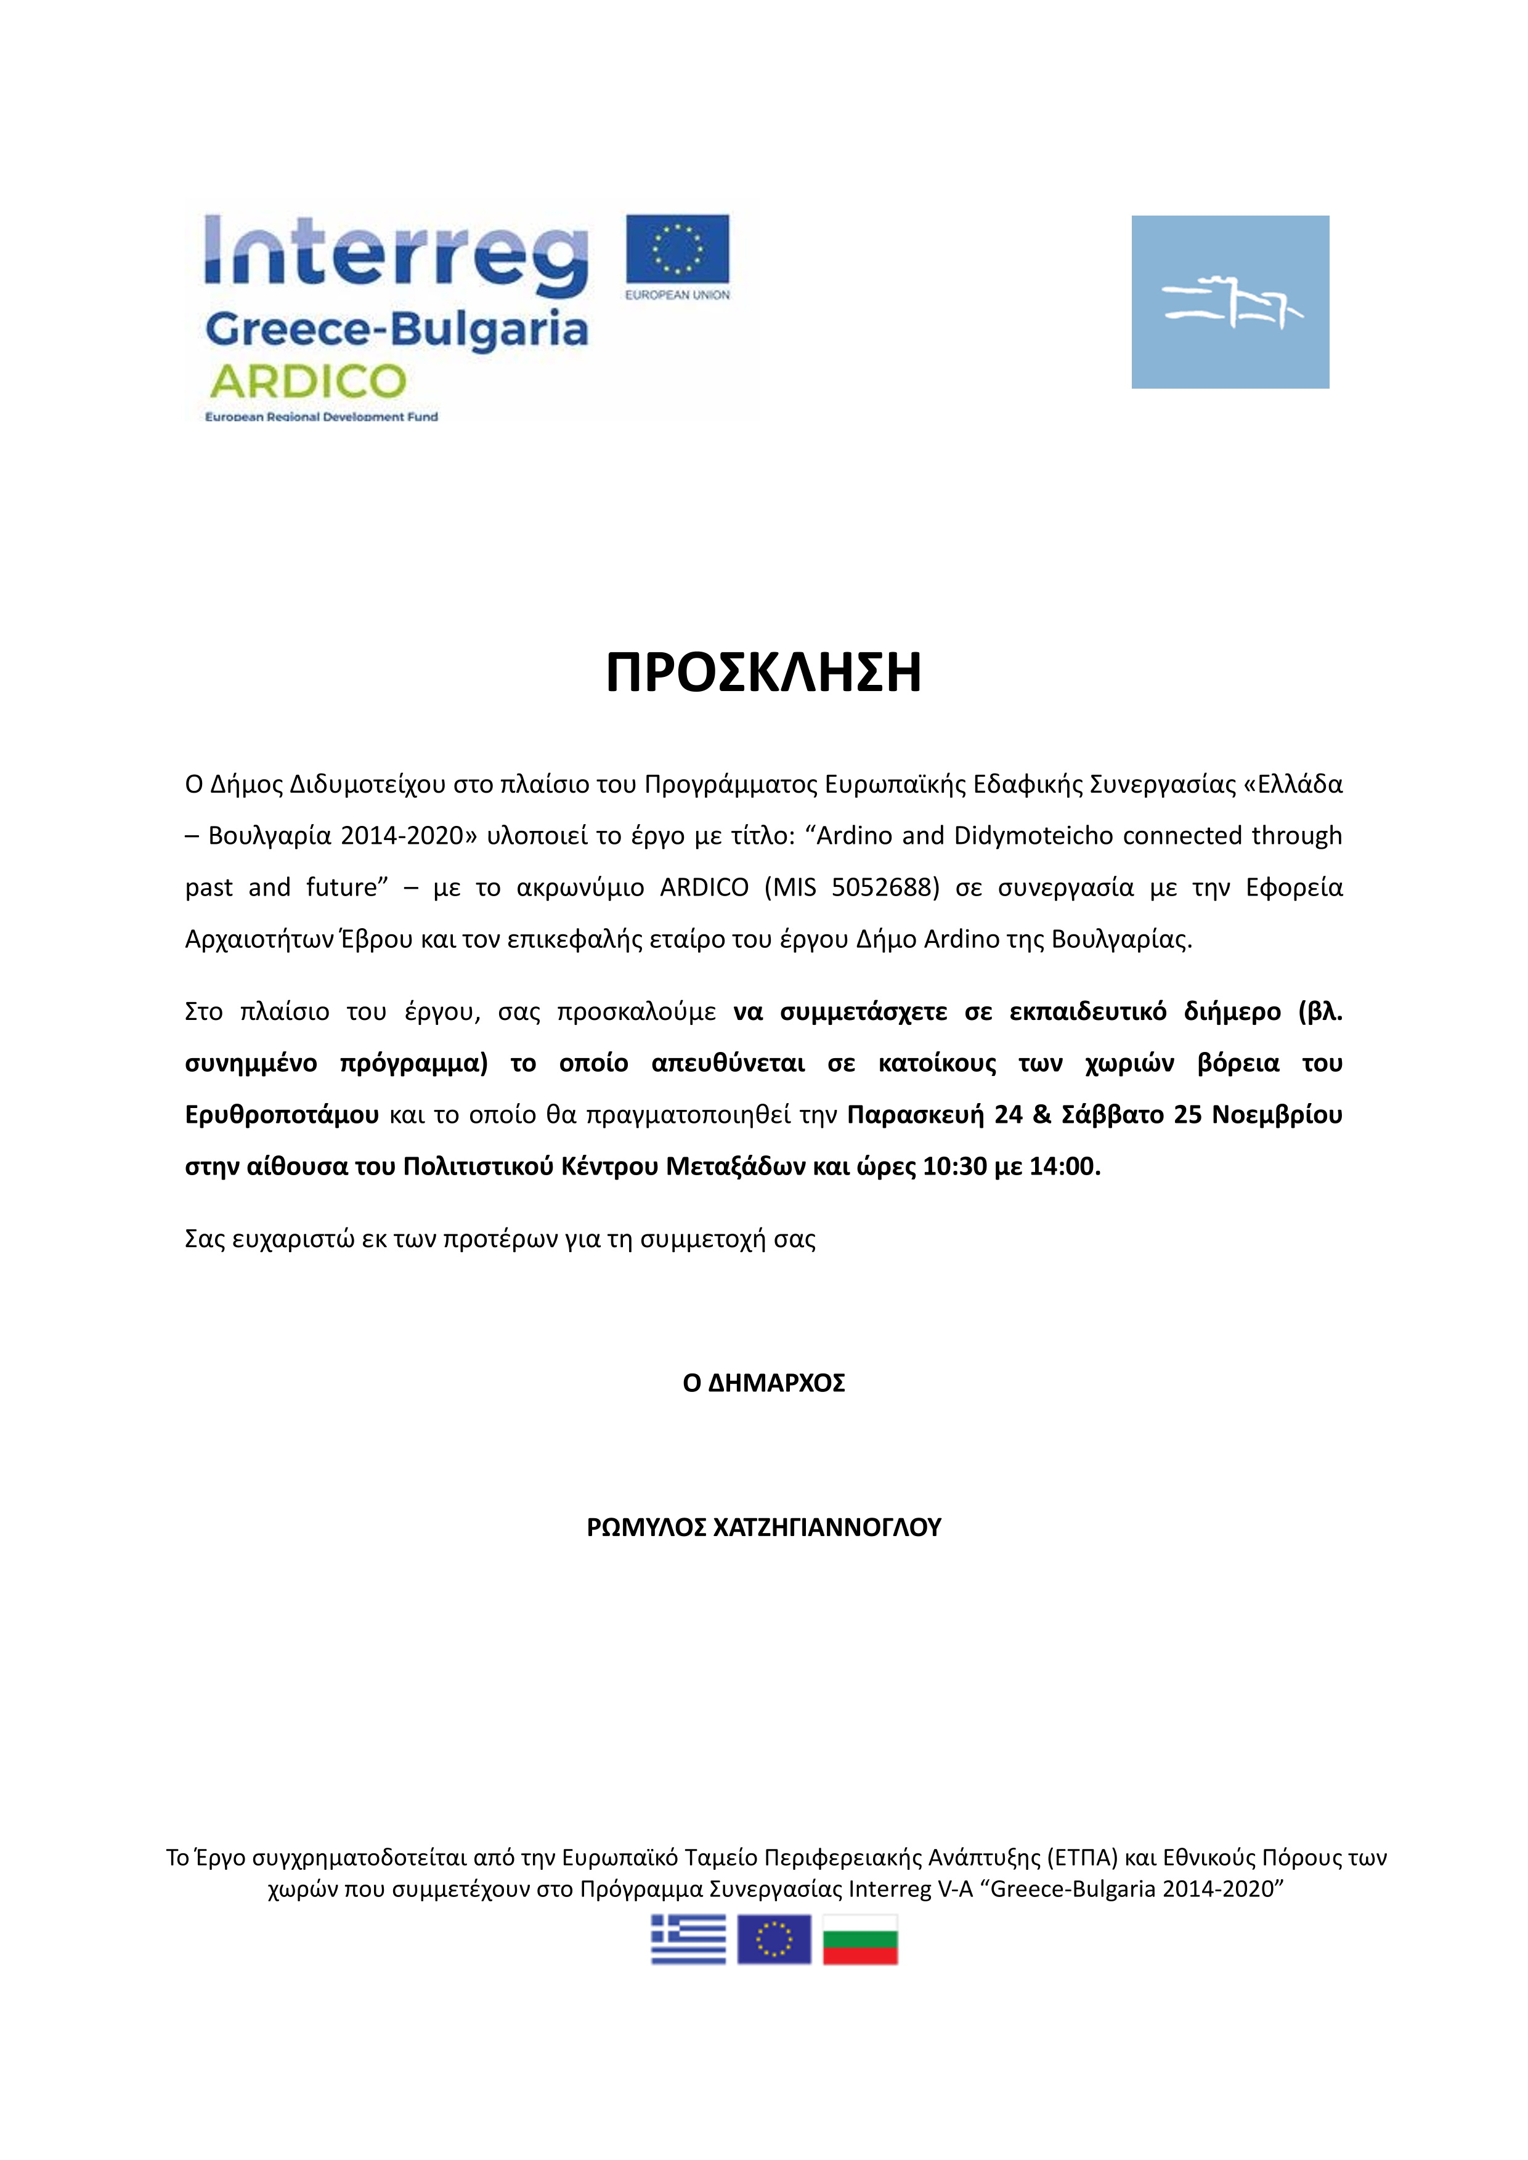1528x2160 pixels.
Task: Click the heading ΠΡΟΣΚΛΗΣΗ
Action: [763, 673]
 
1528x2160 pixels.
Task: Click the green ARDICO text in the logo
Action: [307, 382]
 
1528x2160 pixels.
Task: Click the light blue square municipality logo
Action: [1230, 302]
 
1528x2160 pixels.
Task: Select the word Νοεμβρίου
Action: [1276, 1115]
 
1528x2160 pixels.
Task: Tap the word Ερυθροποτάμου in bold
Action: [282, 1115]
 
